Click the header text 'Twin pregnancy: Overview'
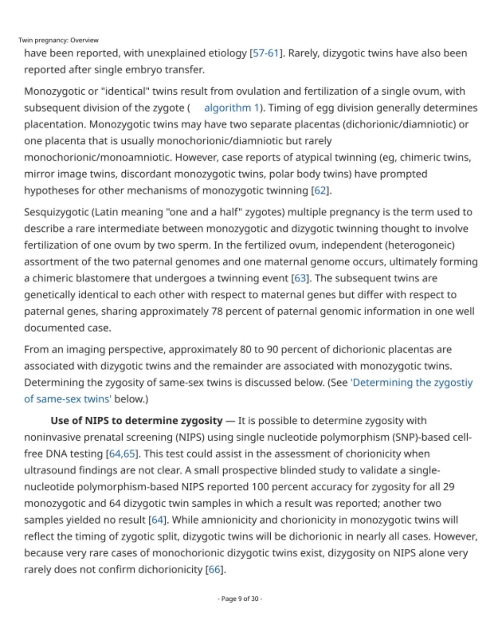click(x=58, y=40)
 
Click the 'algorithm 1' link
click(x=231, y=108)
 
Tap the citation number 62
click(x=320, y=190)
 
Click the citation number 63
click(x=300, y=278)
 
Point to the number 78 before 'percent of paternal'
click(x=217, y=311)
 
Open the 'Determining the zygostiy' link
click(x=411, y=383)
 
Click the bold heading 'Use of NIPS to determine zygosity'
click(x=136, y=420)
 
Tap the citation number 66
click(x=214, y=570)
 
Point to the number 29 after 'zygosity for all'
click(x=448, y=487)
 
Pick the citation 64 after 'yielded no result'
click(x=157, y=520)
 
